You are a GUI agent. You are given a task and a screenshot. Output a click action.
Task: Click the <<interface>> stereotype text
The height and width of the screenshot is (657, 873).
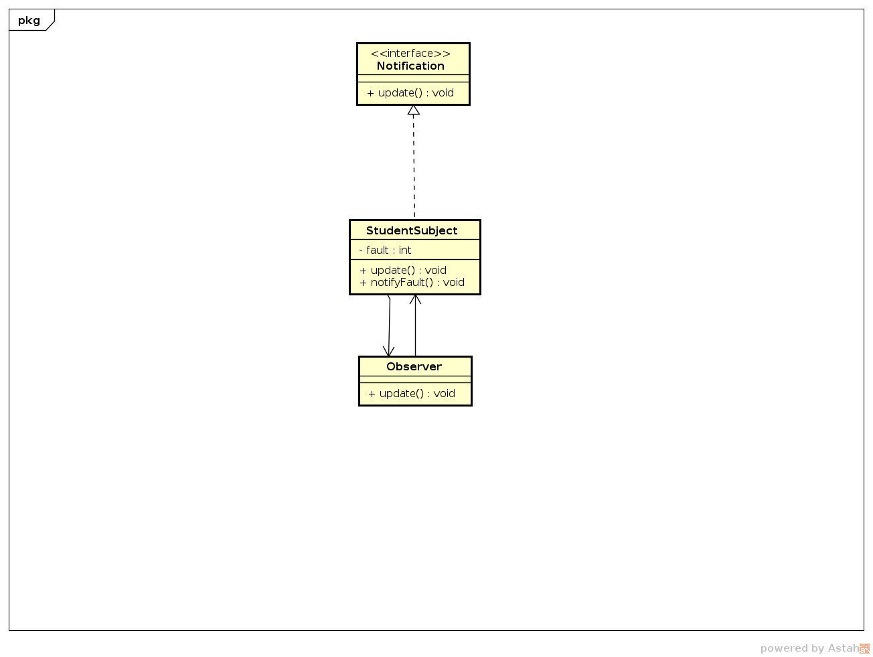tap(410, 54)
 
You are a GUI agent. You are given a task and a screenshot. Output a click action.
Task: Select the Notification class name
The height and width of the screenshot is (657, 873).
tap(410, 66)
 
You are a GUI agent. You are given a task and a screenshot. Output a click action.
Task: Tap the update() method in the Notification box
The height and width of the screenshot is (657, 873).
tap(410, 93)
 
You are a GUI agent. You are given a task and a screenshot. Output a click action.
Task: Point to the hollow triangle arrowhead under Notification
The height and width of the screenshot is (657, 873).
tap(414, 110)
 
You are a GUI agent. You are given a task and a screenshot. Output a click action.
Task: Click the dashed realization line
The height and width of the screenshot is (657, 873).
tap(414, 167)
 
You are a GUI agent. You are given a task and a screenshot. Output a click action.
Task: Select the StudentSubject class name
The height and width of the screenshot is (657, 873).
tap(412, 230)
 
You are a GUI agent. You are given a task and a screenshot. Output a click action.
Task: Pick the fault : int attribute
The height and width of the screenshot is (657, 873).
tap(386, 250)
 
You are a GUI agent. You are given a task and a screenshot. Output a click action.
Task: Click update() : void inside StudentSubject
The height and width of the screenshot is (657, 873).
tap(403, 270)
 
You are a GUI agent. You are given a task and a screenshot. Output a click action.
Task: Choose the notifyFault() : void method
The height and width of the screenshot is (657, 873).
tap(412, 282)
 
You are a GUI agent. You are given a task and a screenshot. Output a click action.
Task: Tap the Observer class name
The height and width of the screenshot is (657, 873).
tap(414, 366)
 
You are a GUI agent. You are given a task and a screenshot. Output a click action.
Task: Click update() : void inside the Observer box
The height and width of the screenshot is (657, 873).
tap(412, 394)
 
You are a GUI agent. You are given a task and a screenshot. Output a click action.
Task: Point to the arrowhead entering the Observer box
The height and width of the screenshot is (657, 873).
tap(388, 352)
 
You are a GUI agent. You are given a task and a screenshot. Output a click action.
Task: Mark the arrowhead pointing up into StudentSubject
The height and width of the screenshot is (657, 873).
tap(415, 299)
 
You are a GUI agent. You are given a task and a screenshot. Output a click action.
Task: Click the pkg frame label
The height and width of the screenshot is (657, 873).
tap(29, 20)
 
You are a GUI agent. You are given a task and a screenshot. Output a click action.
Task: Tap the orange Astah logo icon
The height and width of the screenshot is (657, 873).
tap(864, 648)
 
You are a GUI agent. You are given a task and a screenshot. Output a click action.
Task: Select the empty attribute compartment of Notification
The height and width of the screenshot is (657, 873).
tap(413, 78)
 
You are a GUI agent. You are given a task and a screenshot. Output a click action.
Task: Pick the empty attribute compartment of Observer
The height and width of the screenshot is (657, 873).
tap(415, 379)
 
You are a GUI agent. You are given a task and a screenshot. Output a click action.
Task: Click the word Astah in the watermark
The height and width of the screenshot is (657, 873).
tap(843, 648)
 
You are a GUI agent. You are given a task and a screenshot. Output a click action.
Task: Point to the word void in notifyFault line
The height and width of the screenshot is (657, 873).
tap(453, 282)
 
